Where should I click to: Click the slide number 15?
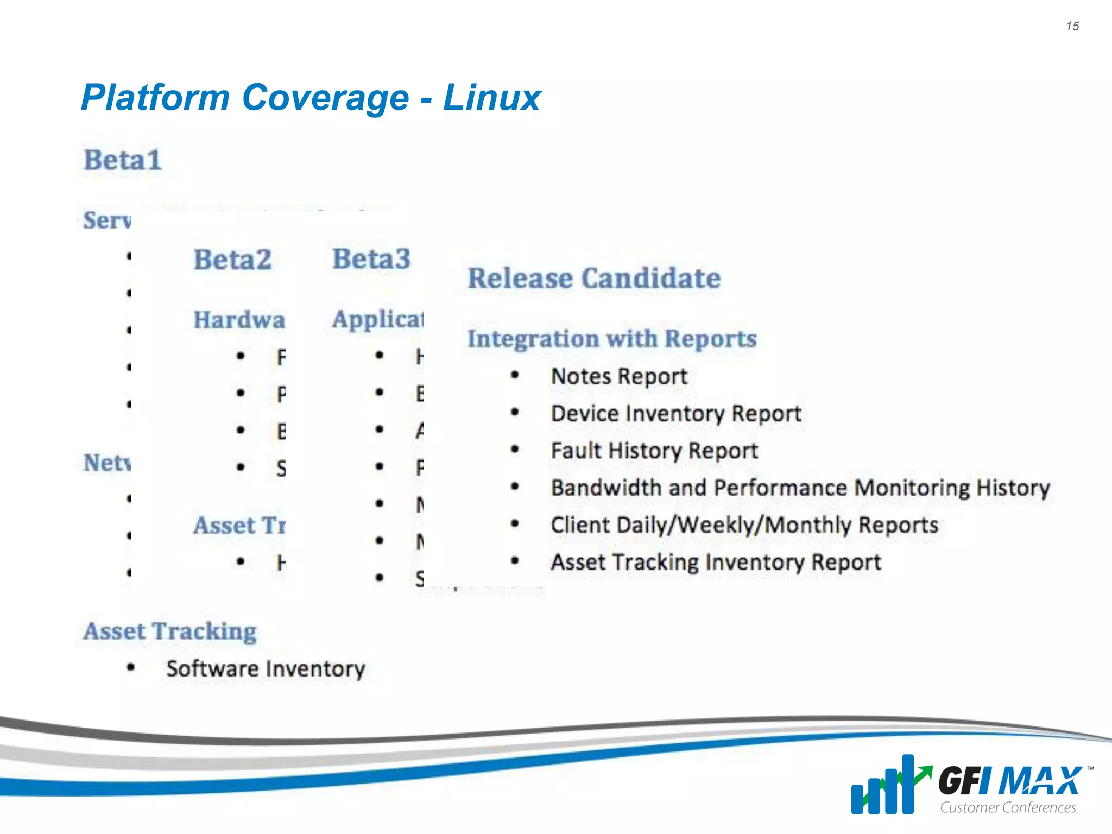(x=1072, y=26)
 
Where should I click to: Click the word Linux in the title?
(x=492, y=98)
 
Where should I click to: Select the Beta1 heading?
(x=123, y=160)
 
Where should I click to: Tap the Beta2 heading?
(x=232, y=260)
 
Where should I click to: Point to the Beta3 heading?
(x=371, y=259)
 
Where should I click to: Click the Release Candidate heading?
(x=594, y=279)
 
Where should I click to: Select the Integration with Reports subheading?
(x=612, y=339)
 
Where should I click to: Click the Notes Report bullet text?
(x=619, y=376)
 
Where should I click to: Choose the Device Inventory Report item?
(x=676, y=414)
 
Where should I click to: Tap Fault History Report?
(x=654, y=451)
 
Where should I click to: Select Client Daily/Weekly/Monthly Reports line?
(x=744, y=525)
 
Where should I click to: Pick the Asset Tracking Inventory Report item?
(x=716, y=562)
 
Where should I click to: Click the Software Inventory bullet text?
(x=266, y=668)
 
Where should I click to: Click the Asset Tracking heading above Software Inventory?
(x=170, y=631)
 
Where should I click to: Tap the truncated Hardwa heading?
(x=239, y=320)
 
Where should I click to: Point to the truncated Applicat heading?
(x=378, y=319)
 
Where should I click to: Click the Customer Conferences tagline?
(x=1008, y=807)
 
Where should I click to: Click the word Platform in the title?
(x=155, y=98)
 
